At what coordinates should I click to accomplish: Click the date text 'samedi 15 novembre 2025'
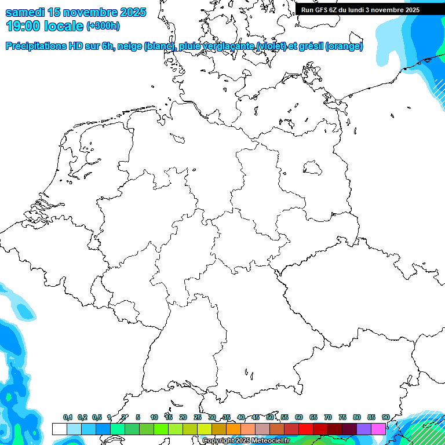[75, 12]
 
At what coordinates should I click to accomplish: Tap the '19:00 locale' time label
[44, 26]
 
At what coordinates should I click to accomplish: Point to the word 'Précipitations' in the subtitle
[35, 46]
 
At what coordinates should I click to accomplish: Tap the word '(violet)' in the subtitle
[276, 46]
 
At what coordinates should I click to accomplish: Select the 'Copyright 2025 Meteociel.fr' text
[246, 440]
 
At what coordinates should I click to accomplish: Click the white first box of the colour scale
[59, 429]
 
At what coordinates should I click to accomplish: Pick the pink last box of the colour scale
[378, 429]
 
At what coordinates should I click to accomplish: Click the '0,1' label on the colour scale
[68, 417]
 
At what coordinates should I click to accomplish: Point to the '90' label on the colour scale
[386, 417]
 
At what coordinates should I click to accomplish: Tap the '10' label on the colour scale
[154, 417]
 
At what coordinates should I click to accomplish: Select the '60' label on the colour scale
[299, 417]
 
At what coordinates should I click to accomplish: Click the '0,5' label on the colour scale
[97, 417]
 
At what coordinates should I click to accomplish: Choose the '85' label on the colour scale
[371, 417]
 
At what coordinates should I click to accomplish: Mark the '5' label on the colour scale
[138, 417]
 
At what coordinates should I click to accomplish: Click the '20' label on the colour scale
[183, 417]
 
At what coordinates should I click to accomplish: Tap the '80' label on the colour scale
[357, 417]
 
